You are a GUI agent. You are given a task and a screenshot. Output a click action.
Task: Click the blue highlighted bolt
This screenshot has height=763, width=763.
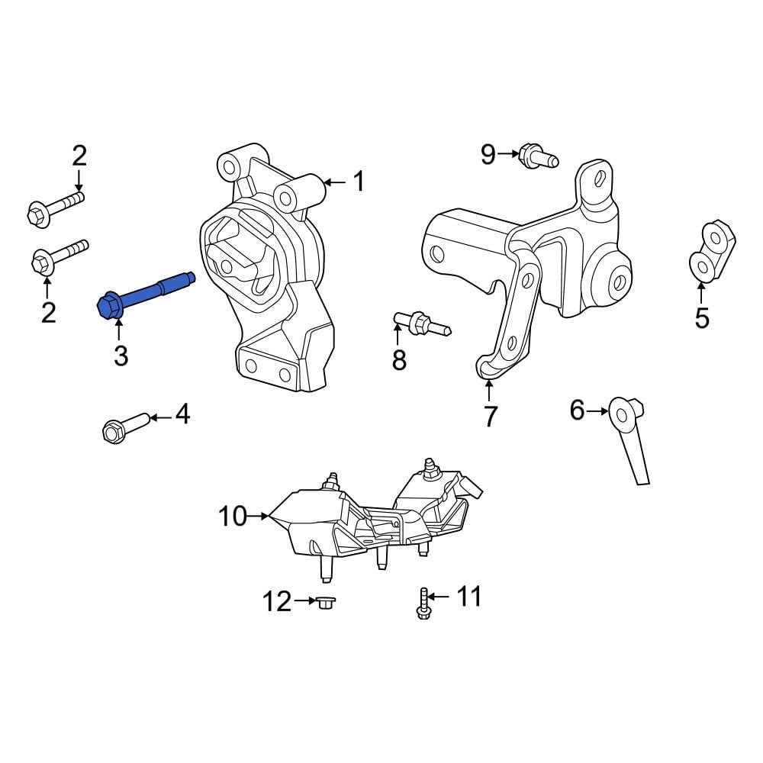(x=145, y=295)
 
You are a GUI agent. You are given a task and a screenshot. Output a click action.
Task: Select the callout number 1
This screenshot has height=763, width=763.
(x=358, y=182)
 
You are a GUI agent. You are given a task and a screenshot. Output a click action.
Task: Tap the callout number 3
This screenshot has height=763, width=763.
(x=121, y=356)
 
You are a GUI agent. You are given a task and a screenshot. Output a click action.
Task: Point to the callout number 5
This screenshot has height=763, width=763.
(x=701, y=317)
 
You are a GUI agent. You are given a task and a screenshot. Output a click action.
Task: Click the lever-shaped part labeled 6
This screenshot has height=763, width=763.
(x=630, y=439)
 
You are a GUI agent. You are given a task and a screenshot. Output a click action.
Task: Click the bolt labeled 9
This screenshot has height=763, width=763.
(x=537, y=157)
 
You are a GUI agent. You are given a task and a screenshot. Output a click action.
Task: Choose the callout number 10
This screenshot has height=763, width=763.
(x=233, y=517)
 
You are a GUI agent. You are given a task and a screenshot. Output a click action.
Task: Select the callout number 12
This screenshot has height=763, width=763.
(x=276, y=602)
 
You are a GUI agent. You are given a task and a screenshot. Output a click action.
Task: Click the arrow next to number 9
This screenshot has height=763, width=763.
(x=509, y=155)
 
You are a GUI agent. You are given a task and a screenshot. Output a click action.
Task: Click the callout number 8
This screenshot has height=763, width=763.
(x=399, y=359)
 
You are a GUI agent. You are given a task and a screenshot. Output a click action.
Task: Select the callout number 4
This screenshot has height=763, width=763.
(x=182, y=415)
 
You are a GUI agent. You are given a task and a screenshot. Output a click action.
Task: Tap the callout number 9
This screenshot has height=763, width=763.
(x=488, y=155)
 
